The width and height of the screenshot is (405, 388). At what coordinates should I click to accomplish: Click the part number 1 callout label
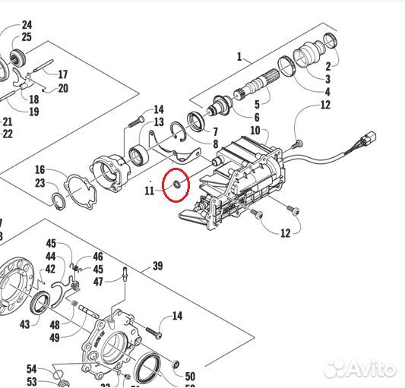pyautogui.click(x=239, y=56)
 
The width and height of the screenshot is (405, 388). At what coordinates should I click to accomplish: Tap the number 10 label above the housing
pyautogui.click(x=255, y=131)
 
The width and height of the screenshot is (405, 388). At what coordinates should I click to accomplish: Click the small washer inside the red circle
pyautogui.click(x=176, y=182)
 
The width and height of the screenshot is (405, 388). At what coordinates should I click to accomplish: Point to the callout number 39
pyautogui.click(x=157, y=266)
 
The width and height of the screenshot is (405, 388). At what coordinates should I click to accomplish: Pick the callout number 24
pyautogui.click(x=27, y=25)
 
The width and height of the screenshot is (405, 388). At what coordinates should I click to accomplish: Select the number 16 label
pyautogui.click(x=40, y=169)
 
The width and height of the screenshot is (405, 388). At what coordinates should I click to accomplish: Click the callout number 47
pyautogui.click(x=98, y=282)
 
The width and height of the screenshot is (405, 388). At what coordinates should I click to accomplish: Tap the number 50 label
pyautogui.click(x=190, y=376)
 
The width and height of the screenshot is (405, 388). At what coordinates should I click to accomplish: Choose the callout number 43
pyautogui.click(x=25, y=323)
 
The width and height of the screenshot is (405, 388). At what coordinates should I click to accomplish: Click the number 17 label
pyautogui.click(x=62, y=74)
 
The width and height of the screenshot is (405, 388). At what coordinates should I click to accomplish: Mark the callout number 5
pyautogui.click(x=256, y=104)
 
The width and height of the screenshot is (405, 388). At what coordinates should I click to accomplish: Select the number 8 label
pyautogui.click(x=215, y=143)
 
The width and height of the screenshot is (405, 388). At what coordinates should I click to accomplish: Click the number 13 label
pyautogui.click(x=159, y=122)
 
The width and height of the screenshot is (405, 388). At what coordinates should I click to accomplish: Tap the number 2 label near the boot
pyautogui.click(x=327, y=66)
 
